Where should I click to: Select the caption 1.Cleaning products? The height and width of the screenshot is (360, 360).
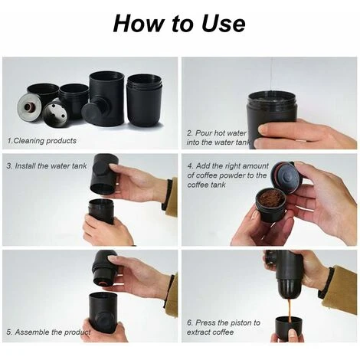41,141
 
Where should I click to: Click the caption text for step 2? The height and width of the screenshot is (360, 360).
218,137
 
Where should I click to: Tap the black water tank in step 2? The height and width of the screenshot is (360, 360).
270,119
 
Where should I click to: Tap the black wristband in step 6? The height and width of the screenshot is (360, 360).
326,283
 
